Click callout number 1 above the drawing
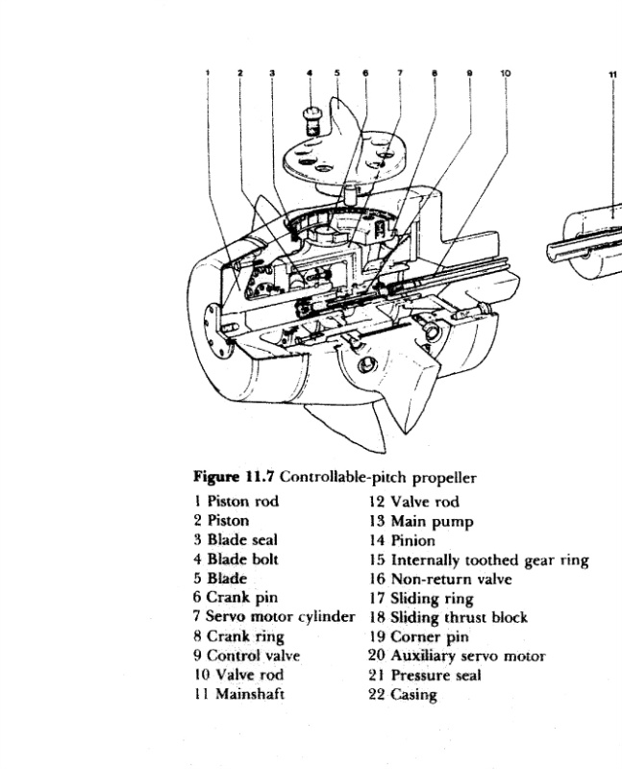click(x=207, y=73)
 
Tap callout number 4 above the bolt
click(x=310, y=72)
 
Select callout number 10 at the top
click(x=506, y=73)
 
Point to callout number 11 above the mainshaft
click(x=612, y=73)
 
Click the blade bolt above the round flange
click(x=310, y=119)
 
